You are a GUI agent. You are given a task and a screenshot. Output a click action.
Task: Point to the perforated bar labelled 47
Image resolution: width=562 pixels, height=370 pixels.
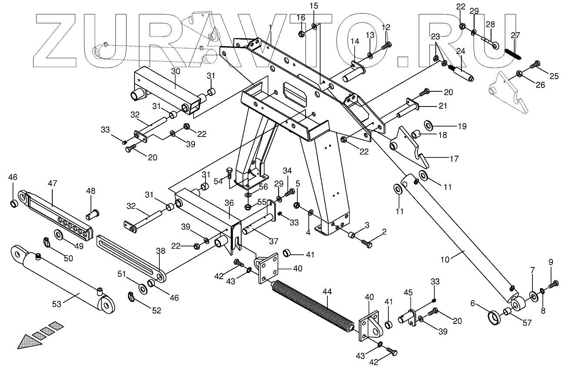pos(57,213)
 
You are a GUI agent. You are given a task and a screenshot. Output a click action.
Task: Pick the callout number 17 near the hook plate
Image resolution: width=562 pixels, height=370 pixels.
pos(454,159)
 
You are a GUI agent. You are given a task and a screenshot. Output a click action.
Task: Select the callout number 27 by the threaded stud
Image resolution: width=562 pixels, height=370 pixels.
pos(515,36)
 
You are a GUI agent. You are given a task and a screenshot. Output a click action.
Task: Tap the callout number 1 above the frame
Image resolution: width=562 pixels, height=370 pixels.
pos(270,28)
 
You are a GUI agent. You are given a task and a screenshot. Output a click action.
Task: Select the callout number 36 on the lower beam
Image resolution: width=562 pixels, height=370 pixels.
pos(229,203)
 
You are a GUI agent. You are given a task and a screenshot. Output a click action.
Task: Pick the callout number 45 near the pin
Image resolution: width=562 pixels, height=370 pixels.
pos(408,291)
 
